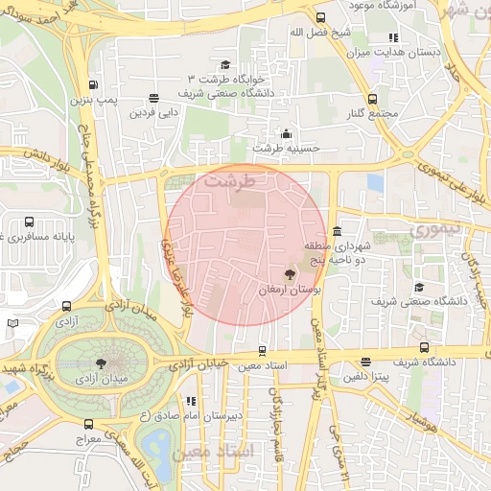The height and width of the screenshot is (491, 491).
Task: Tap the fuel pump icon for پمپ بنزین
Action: click(x=92, y=83)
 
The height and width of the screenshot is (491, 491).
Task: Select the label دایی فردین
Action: click(x=155, y=112)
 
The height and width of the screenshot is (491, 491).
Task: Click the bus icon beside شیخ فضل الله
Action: click(x=319, y=17)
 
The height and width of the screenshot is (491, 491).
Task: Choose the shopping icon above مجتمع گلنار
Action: click(x=372, y=99)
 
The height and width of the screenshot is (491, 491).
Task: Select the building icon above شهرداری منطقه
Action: click(x=336, y=232)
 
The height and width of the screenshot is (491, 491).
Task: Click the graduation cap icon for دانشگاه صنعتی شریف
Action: click(x=418, y=287)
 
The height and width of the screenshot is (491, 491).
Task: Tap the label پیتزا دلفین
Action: click(x=365, y=378)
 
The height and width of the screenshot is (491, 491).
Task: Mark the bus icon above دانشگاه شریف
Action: click(x=423, y=349)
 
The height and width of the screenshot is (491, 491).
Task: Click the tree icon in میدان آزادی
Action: click(x=101, y=362)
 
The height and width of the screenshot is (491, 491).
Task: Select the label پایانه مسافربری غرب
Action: click(x=38, y=234)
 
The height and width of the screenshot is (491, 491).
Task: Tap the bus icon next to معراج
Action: click(x=88, y=423)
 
